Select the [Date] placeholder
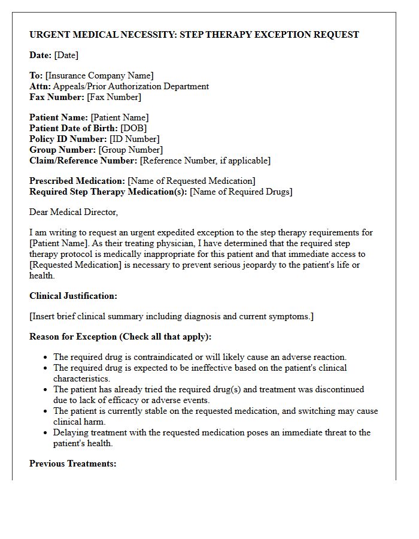pos(66,55)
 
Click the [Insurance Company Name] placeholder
pos(99,75)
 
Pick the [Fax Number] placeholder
pos(114,97)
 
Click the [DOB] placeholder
pos(133,128)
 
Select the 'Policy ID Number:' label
pos(68,139)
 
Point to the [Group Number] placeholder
pos(130,150)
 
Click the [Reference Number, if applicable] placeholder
pos(205,161)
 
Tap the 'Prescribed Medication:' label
pos(77,181)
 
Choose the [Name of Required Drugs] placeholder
pos(241,192)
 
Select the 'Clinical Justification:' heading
pos(73,296)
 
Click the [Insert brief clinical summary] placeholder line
pos(171,316)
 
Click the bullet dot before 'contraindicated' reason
pos(46,358)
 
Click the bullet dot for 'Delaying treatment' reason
pos(46,433)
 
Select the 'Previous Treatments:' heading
pos(72,464)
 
